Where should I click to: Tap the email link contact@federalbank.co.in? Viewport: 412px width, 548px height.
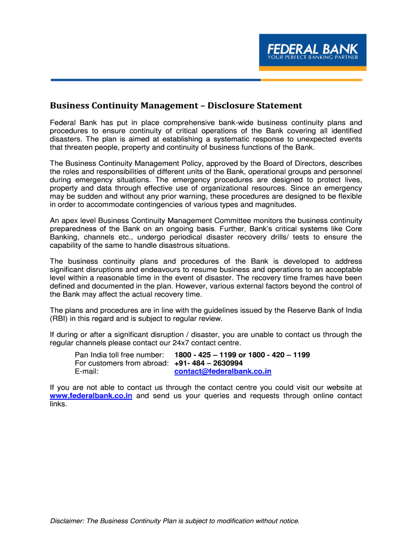[223, 371]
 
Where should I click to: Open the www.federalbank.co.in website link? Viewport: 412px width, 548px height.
[91, 396]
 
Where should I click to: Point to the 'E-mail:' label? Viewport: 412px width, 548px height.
[87, 371]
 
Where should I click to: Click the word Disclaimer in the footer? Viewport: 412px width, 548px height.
[68, 521]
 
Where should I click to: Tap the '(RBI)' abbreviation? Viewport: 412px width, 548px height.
[59, 318]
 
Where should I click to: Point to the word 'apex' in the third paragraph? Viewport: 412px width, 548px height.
[71, 220]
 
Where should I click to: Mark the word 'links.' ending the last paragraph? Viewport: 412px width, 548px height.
[58, 404]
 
